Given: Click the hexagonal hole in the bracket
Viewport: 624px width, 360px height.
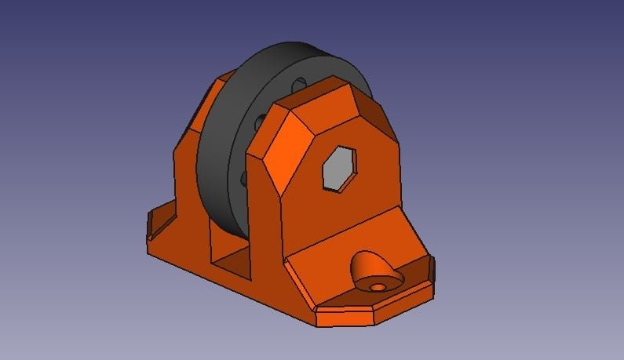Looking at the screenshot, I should point(339,168).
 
